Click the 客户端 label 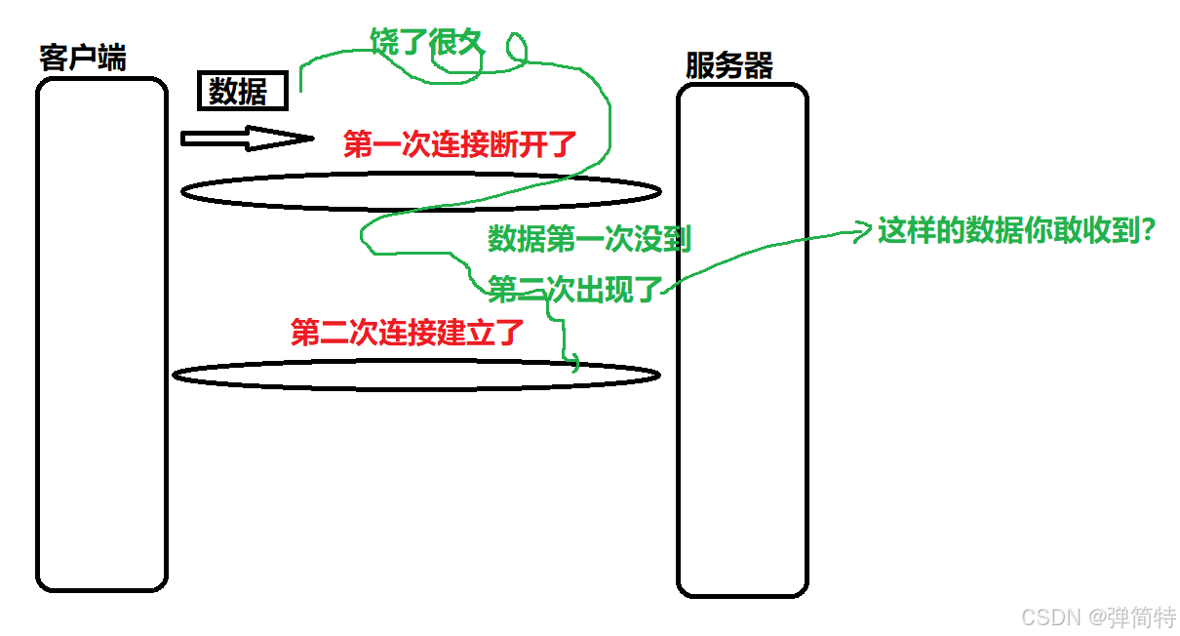83,58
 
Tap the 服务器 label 729,65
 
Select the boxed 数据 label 243,92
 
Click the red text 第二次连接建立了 408,333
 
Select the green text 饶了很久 427,41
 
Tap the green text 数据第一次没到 589,238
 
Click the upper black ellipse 421,191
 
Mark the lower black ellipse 416,375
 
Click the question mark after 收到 1147,231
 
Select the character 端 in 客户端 112,58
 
